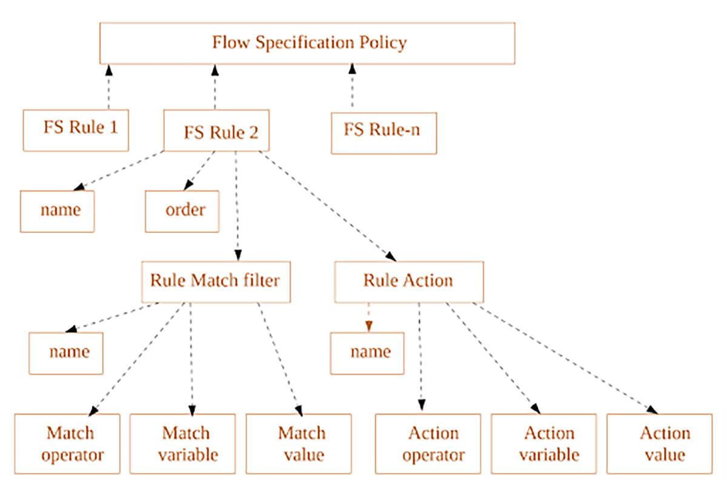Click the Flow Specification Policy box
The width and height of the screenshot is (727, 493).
point(307,43)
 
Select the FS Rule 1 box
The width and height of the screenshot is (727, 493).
point(76,130)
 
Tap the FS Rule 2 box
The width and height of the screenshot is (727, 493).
point(216,130)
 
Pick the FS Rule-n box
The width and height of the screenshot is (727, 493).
point(383,132)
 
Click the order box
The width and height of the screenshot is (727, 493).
point(182,211)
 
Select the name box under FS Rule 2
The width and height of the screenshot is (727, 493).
point(57,211)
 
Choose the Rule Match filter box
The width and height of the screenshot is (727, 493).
point(216,281)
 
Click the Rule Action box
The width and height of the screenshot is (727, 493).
point(409,281)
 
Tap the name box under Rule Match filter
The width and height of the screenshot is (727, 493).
point(66,353)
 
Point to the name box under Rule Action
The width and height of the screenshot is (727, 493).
point(367,353)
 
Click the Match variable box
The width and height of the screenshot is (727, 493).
point(182,444)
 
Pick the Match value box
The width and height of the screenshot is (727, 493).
point(299,444)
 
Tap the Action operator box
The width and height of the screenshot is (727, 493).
point(428,444)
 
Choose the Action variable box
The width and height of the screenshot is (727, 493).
point(543,444)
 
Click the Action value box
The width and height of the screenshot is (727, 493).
point(659,444)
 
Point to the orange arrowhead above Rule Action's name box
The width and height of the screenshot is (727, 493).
point(368,326)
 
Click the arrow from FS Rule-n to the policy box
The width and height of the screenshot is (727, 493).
point(352,88)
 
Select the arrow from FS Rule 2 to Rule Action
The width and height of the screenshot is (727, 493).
point(327,206)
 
